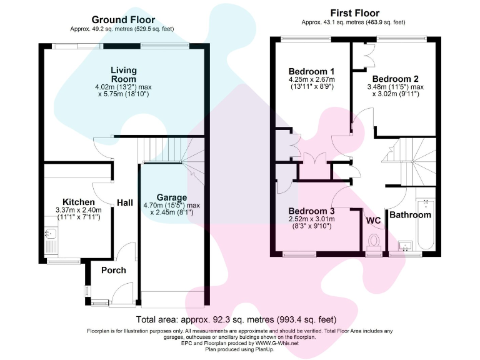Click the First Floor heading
[x=354, y=13]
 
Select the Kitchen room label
[x=79, y=202]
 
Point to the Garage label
[x=172, y=196]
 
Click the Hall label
[x=125, y=203]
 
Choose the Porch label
[x=113, y=271]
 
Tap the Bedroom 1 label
[x=311, y=71]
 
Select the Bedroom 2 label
[x=391, y=79]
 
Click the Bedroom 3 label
[x=311, y=211]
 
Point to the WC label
[x=373, y=221]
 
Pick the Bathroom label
[x=410, y=215]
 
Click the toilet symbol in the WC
[x=374, y=240]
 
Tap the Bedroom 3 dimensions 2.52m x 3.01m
[x=311, y=219]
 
